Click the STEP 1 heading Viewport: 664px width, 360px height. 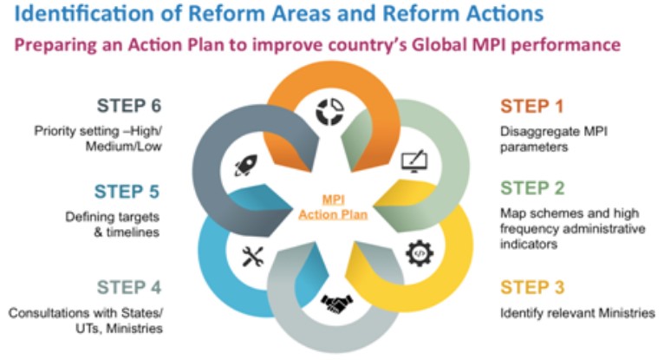(x=532, y=107)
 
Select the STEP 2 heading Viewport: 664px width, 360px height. (x=532, y=188)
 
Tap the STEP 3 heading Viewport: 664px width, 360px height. (x=532, y=288)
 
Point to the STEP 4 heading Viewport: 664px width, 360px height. (x=129, y=288)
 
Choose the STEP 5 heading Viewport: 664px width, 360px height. (x=127, y=192)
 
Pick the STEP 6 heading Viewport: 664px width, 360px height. (x=129, y=106)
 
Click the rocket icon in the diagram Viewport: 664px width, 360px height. (x=246, y=165)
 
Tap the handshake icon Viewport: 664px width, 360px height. (x=336, y=304)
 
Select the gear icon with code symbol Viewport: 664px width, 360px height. (x=420, y=253)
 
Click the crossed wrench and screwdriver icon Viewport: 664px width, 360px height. (x=253, y=257)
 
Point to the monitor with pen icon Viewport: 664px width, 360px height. (x=414, y=161)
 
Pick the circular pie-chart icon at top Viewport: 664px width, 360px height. (x=330, y=112)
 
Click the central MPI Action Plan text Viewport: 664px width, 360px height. (x=333, y=207)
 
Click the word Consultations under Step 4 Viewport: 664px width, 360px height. (x=48, y=313)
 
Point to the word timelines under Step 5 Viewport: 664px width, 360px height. (x=133, y=232)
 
